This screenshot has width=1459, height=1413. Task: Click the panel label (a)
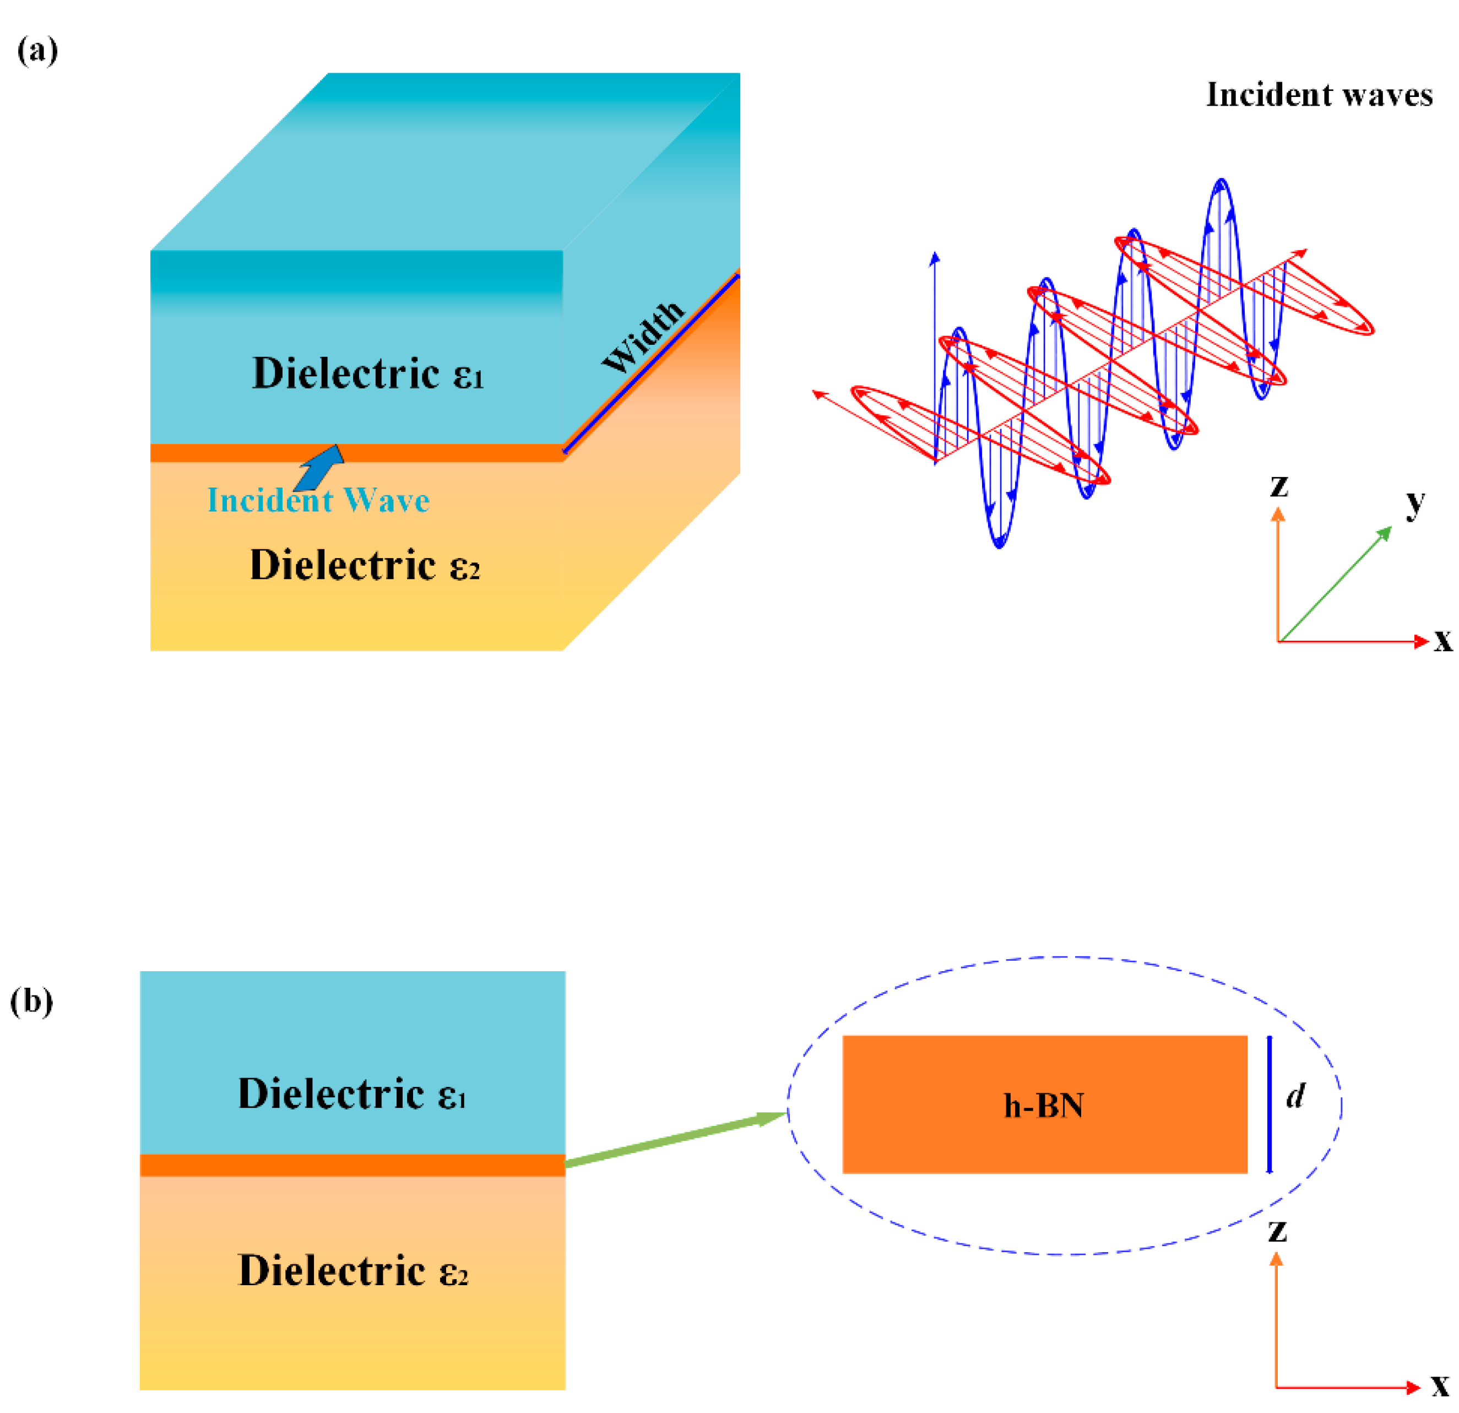[x=37, y=51]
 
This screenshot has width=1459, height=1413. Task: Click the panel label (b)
[x=32, y=1001]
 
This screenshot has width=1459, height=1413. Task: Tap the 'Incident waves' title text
[x=1319, y=95]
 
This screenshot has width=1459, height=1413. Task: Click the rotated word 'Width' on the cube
[x=642, y=337]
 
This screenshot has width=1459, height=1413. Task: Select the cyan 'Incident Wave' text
[x=318, y=500]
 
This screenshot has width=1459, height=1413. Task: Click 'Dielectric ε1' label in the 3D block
[x=368, y=373]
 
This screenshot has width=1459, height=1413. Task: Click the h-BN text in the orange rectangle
[x=1044, y=1106]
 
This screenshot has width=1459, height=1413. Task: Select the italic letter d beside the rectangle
[x=1296, y=1095]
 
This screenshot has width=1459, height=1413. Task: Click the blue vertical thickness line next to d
[x=1269, y=1105]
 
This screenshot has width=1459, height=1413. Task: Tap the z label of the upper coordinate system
[x=1279, y=486]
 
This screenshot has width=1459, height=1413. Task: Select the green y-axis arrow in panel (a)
[x=1335, y=584]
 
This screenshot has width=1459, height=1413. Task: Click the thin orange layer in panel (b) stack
[x=353, y=1166]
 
